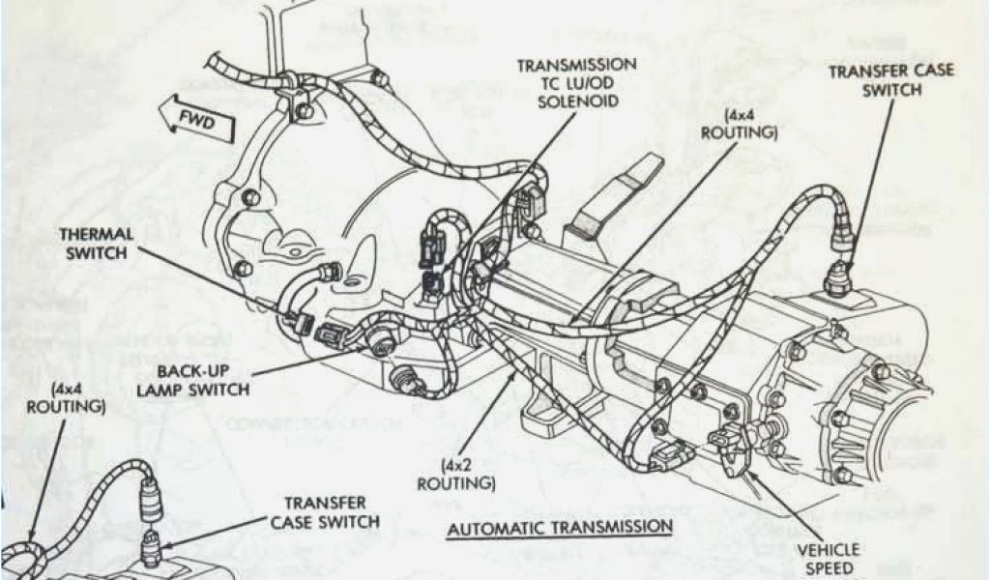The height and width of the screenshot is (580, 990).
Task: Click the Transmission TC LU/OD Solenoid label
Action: tap(576, 83)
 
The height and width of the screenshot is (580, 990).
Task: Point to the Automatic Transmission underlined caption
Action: tap(560, 527)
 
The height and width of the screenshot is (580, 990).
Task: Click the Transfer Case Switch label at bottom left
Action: tap(324, 512)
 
